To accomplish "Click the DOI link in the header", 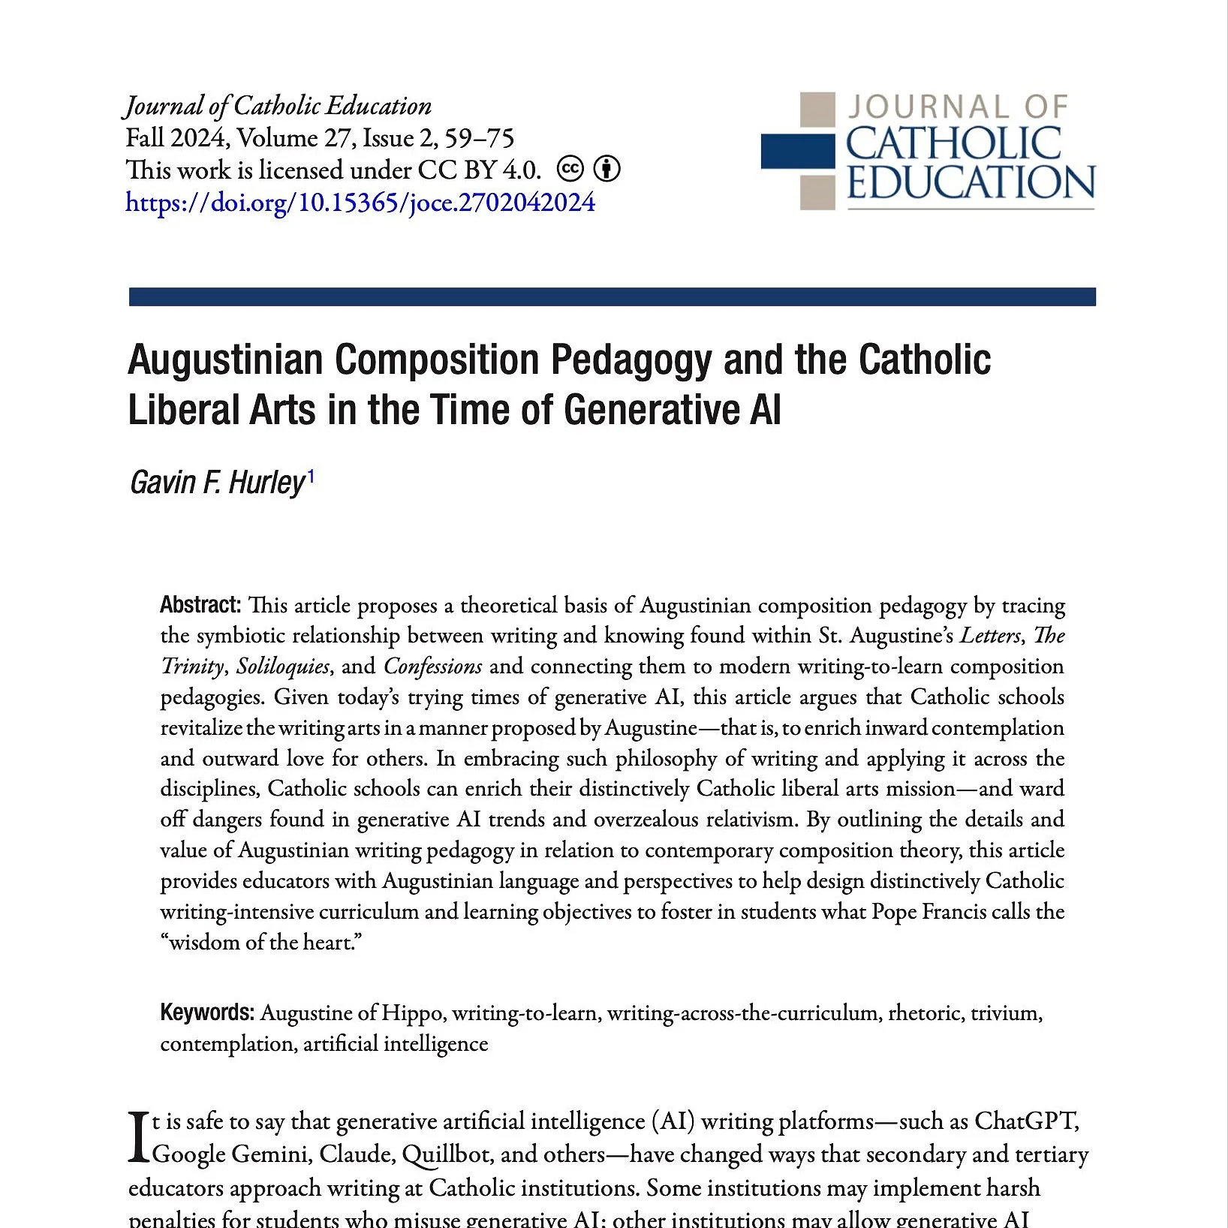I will tap(360, 203).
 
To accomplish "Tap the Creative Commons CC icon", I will tap(570, 170).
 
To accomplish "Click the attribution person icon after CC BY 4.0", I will tap(606, 170).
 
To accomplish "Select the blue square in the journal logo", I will tap(797, 151).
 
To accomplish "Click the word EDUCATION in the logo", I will tap(971, 183).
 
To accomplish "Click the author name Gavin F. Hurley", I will tap(218, 483).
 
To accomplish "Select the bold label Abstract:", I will tap(200, 605).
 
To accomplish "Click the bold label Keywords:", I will tap(207, 1013).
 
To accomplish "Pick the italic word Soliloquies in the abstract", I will tap(282, 667).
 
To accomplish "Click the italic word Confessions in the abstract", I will tap(432, 667).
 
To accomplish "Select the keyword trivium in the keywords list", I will tap(1005, 1013).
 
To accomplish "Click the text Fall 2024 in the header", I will tap(177, 138).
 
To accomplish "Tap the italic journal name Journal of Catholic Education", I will tap(278, 106).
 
